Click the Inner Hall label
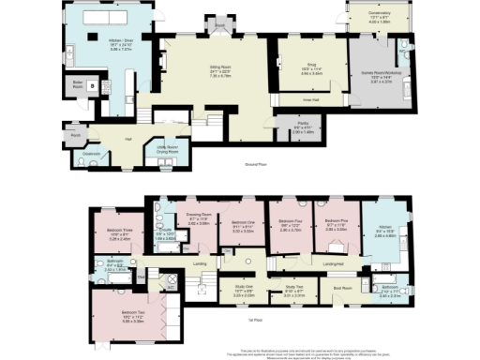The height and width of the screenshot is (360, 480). [309, 96]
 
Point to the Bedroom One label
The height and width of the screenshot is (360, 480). [243, 222]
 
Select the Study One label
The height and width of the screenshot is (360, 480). [243, 289]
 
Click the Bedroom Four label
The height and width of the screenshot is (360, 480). [290, 222]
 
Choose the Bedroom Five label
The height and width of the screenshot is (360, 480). [336, 222]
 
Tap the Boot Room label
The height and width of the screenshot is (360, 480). [343, 288]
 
